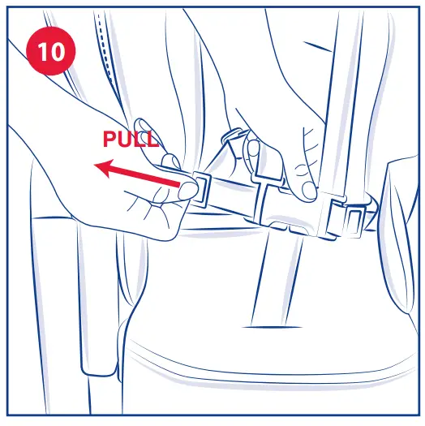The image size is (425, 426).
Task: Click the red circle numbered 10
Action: tap(50, 50)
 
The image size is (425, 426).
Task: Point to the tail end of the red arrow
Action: tap(177, 186)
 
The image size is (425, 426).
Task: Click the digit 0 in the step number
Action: tap(58, 50)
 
